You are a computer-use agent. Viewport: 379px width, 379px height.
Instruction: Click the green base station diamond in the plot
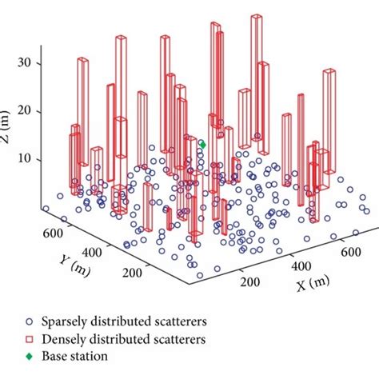coord(202,145)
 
